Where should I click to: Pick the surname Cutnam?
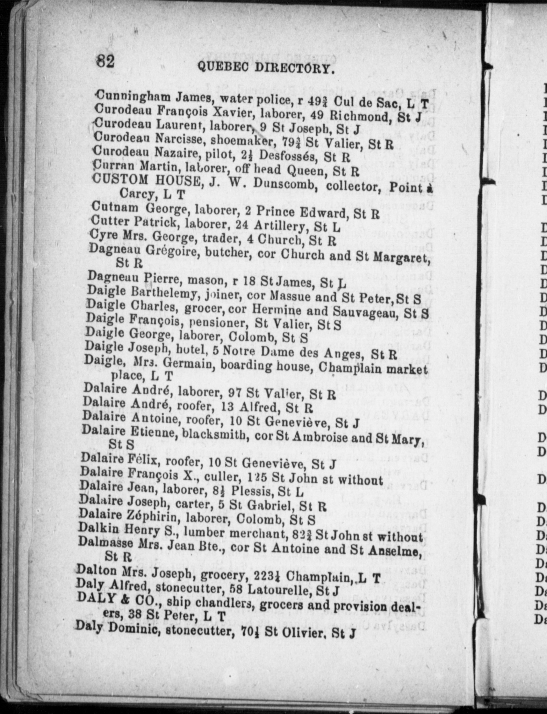(115, 207)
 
